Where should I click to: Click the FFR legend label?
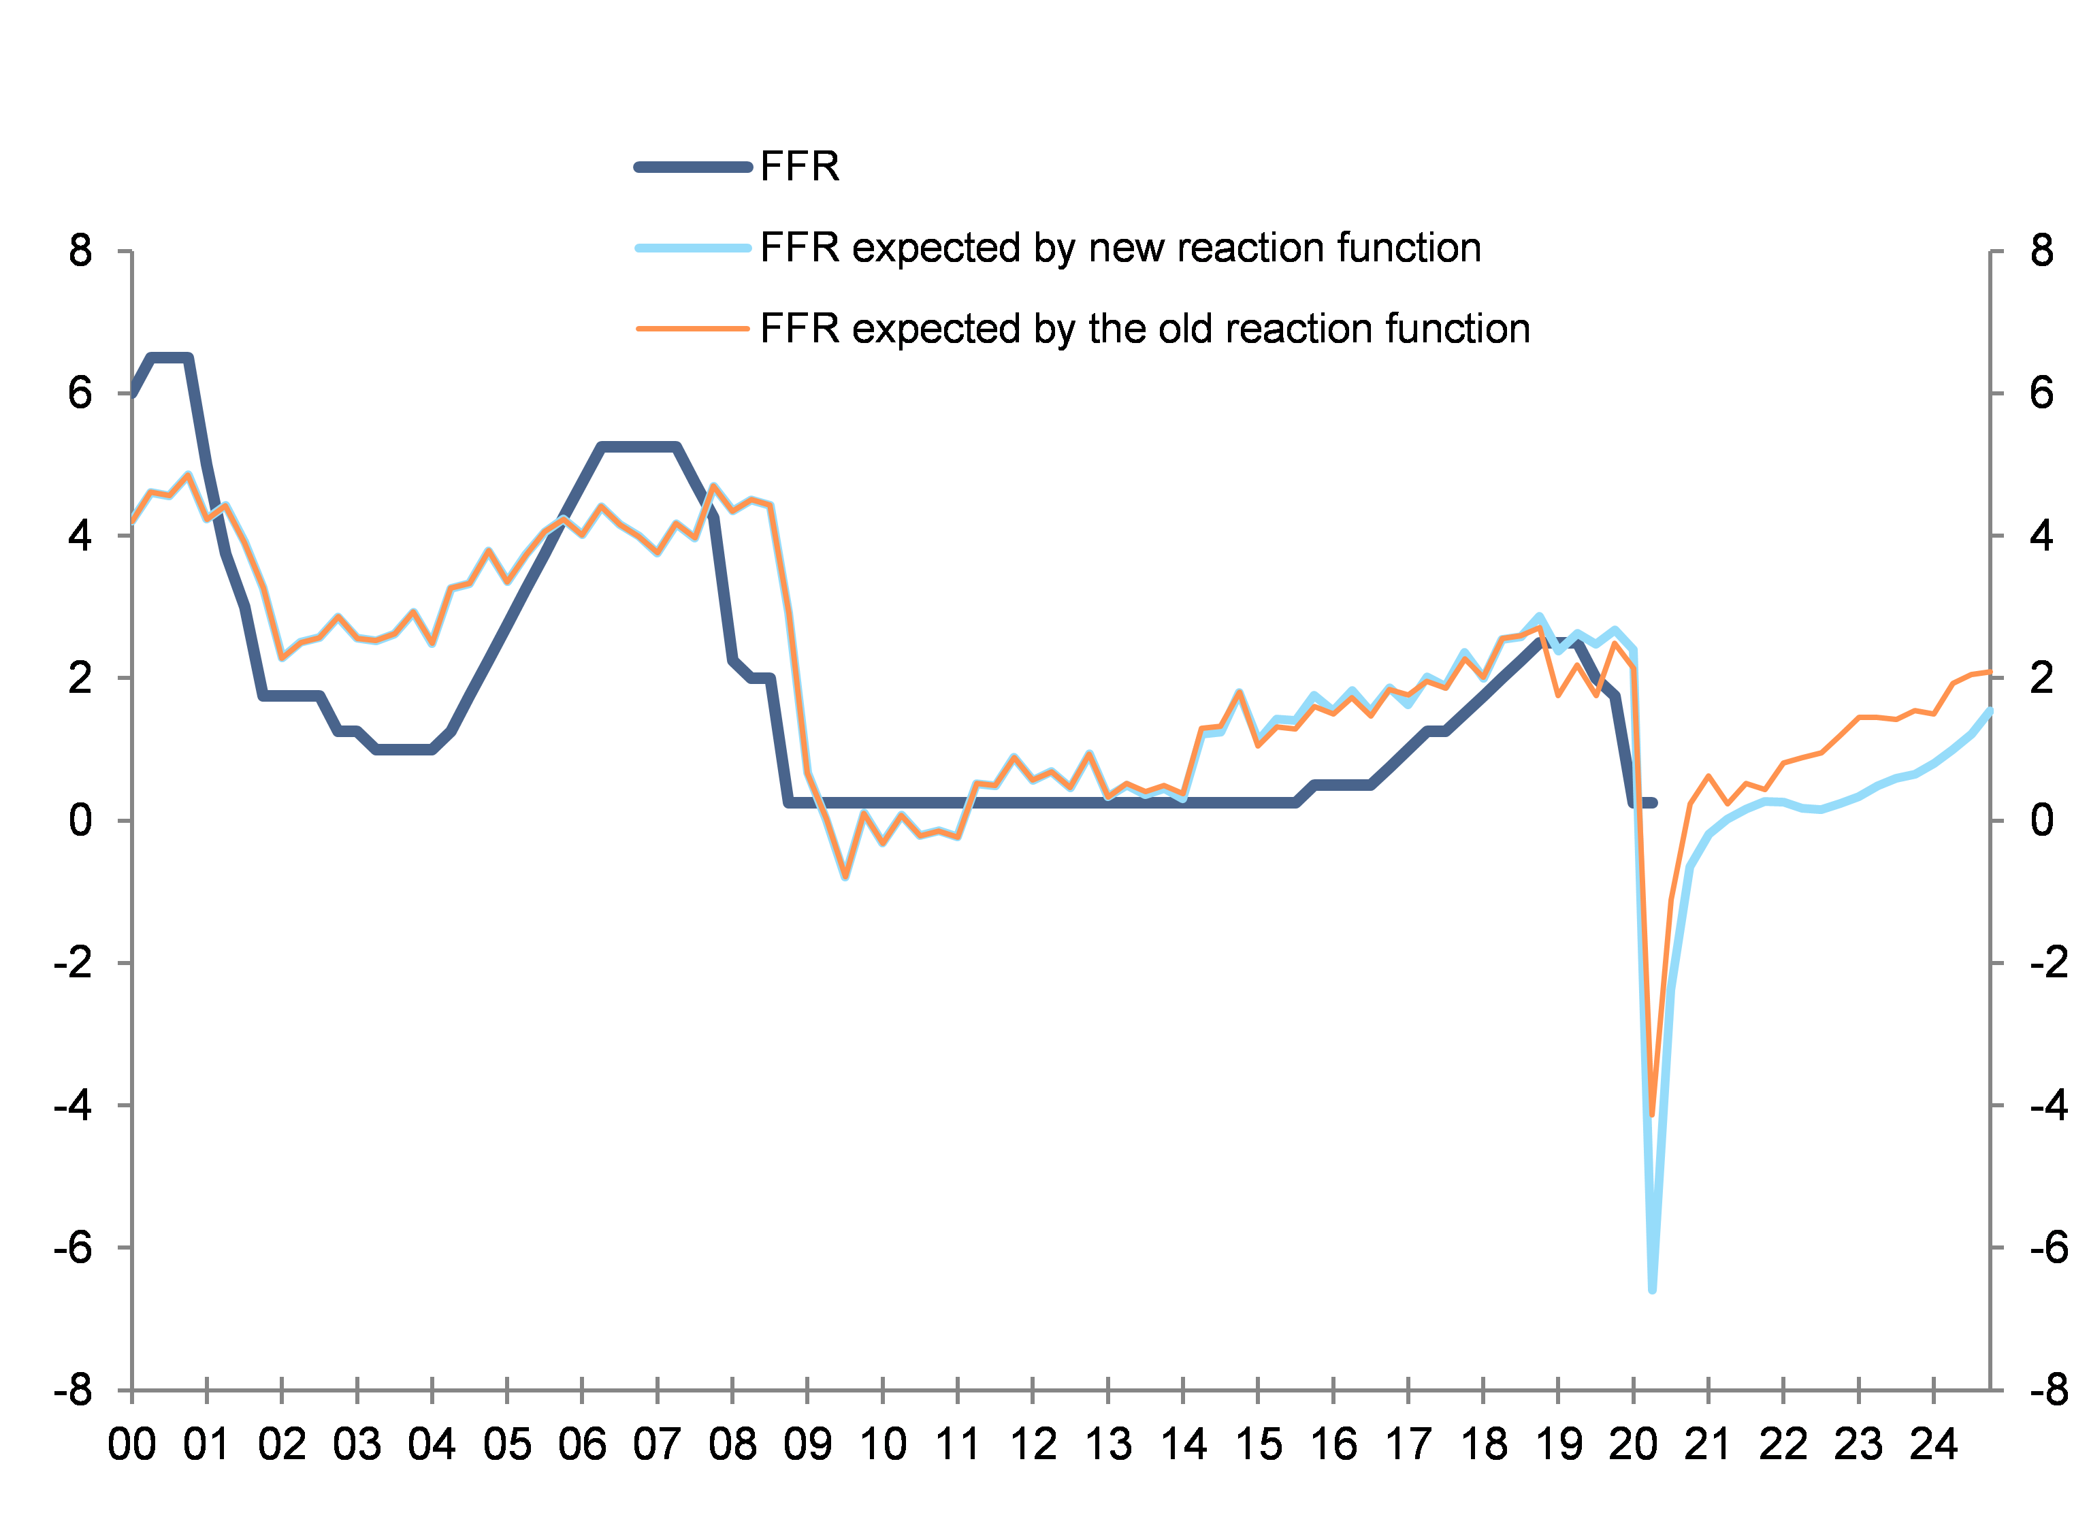click(799, 167)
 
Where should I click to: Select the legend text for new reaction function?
click(1120, 248)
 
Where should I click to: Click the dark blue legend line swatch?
click(693, 167)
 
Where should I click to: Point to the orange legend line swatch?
click(693, 328)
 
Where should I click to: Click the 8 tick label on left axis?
click(81, 251)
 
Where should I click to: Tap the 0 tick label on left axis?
click(81, 821)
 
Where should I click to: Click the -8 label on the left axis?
click(74, 1391)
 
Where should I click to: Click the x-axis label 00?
click(131, 1445)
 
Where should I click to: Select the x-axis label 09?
click(807, 1445)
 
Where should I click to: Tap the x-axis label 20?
click(1633, 1445)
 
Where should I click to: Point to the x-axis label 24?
click(1933, 1445)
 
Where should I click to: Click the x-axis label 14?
click(1183, 1445)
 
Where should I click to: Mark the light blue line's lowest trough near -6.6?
click(1652, 1289)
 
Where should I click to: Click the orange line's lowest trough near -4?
click(1652, 1115)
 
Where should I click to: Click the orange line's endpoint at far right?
click(1990, 672)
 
